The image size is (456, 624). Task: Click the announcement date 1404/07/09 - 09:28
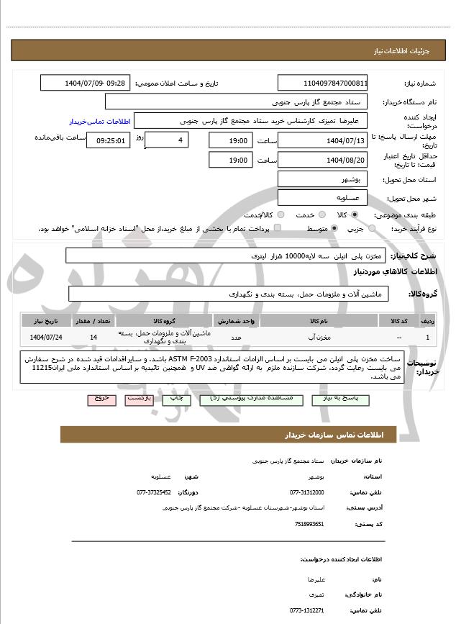point(86,83)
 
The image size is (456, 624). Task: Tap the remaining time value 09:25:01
point(109,141)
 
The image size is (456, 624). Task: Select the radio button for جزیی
point(372,229)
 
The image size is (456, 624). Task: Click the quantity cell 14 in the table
point(94,337)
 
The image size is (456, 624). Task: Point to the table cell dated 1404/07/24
point(45,337)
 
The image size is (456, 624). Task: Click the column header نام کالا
point(319,321)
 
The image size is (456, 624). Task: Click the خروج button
point(101,398)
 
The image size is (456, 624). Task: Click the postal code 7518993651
point(310,524)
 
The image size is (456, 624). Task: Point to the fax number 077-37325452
point(154,492)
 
